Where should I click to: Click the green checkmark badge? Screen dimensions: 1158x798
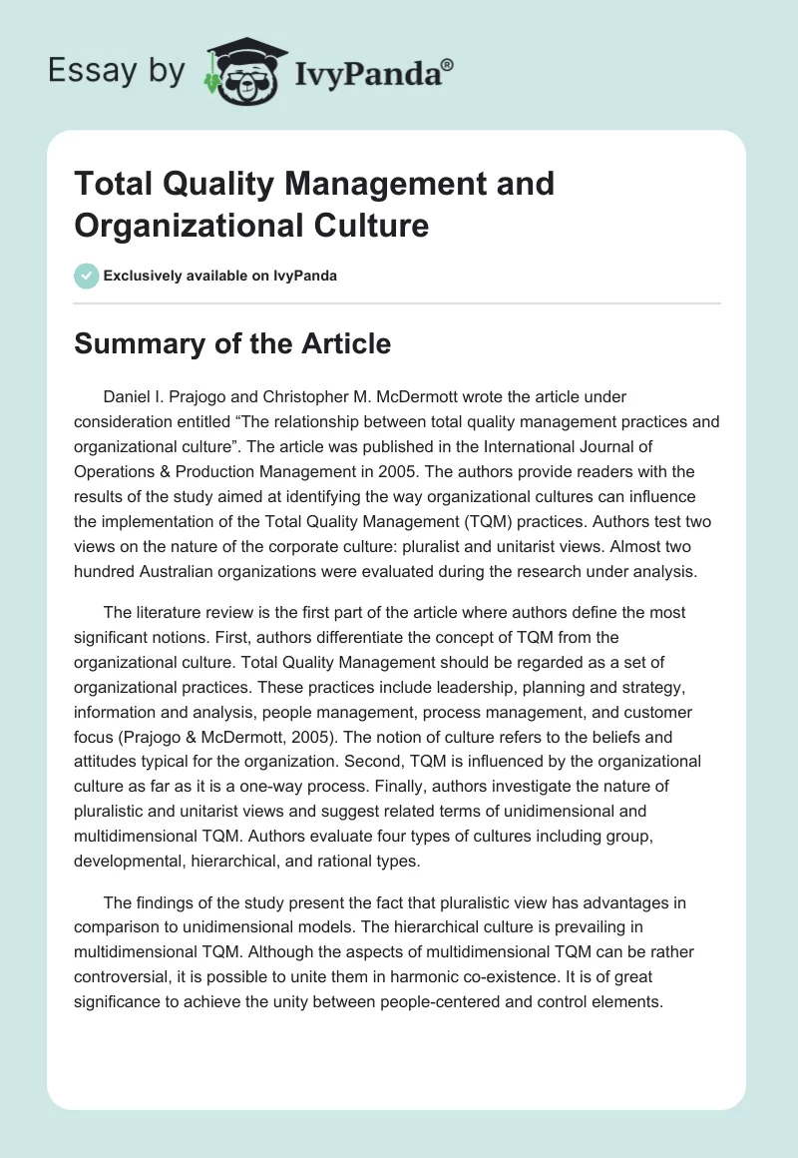pyautogui.click(x=87, y=276)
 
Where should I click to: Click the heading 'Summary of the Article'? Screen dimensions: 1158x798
pyautogui.click(x=233, y=344)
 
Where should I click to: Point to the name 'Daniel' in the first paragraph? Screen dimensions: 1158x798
pyautogui.click(x=129, y=397)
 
